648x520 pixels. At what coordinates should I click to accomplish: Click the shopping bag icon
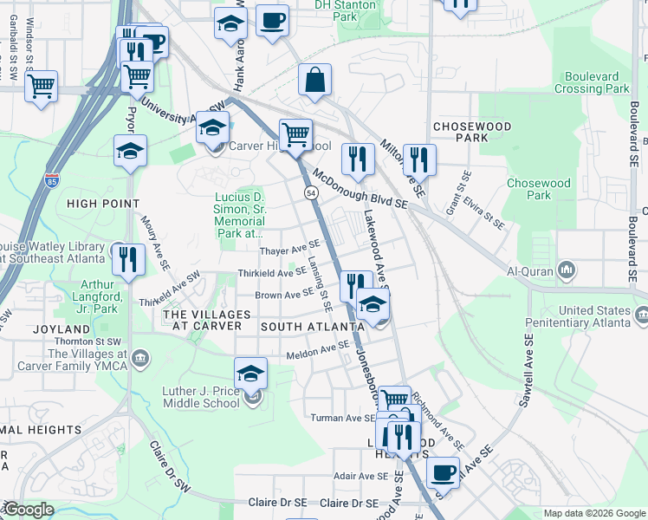(x=316, y=80)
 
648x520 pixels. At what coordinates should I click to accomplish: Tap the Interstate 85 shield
(x=52, y=182)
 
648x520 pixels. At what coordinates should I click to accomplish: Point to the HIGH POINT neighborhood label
(x=102, y=204)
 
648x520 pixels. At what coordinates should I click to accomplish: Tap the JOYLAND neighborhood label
(x=62, y=329)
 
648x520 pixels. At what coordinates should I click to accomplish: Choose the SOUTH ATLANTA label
(x=312, y=327)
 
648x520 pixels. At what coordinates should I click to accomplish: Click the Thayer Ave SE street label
(x=290, y=251)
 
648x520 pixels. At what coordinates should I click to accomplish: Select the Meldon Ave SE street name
(x=317, y=354)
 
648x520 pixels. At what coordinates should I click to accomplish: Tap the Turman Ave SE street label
(x=343, y=418)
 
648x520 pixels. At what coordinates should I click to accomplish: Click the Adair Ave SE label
(x=361, y=476)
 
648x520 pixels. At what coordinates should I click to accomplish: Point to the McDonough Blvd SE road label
(x=360, y=188)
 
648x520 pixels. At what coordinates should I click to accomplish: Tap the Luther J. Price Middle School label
(x=201, y=397)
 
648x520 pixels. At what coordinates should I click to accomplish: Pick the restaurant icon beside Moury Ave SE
(x=128, y=258)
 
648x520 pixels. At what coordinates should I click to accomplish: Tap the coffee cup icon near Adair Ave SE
(x=444, y=472)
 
